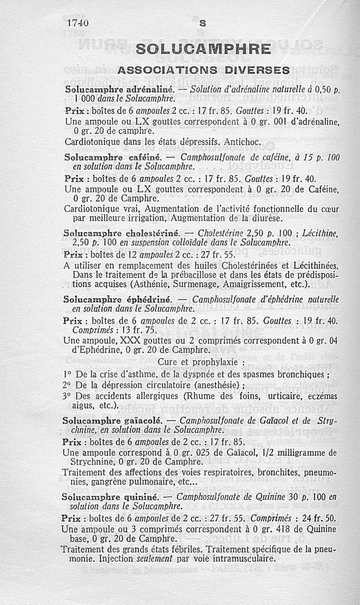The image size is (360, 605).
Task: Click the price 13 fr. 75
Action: [130, 330]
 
